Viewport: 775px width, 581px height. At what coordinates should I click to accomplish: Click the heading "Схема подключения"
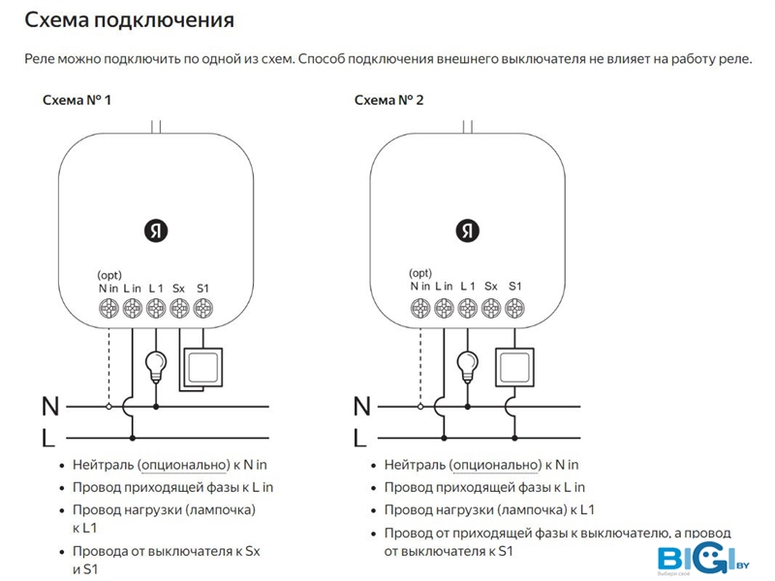[130, 19]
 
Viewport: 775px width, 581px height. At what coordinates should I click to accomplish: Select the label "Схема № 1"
[77, 100]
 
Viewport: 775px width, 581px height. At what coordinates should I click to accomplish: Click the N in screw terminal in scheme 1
[108, 309]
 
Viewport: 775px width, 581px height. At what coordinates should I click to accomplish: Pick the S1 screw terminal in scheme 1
[202, 309]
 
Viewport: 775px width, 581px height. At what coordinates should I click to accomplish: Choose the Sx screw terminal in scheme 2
[491, 309]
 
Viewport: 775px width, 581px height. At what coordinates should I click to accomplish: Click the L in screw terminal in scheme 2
[444, 309]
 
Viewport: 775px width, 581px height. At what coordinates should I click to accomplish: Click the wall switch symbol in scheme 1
[202, 368]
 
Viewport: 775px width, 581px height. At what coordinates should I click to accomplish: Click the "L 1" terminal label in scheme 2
[468, 287]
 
